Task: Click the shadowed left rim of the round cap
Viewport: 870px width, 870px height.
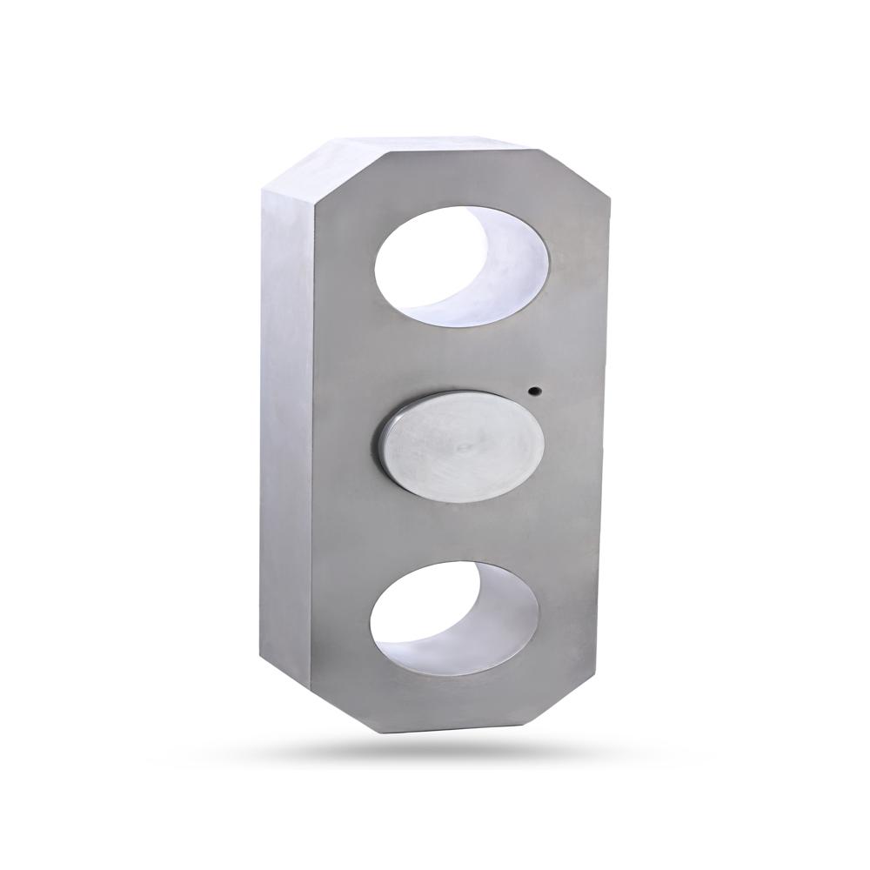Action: tap(381, 444)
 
